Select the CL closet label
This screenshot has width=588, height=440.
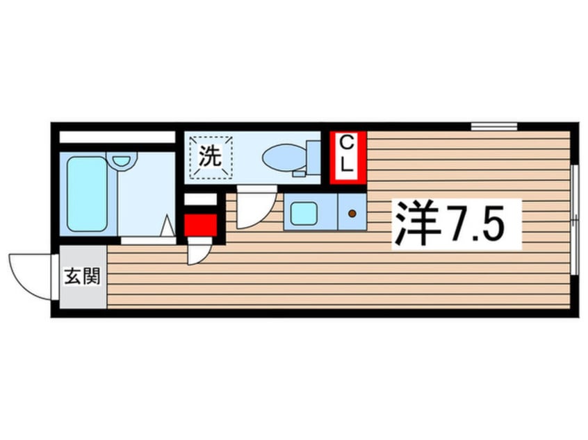point(348,155)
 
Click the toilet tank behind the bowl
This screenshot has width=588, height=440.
point(313,156)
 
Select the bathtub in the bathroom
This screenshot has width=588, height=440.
point(88,194)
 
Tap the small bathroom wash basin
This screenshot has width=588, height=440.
point(123,160)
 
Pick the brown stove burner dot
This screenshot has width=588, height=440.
point(352,213)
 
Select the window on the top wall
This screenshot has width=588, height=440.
point(493,126)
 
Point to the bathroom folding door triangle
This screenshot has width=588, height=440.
point(168,226)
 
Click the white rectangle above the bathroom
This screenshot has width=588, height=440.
point(116,137)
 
